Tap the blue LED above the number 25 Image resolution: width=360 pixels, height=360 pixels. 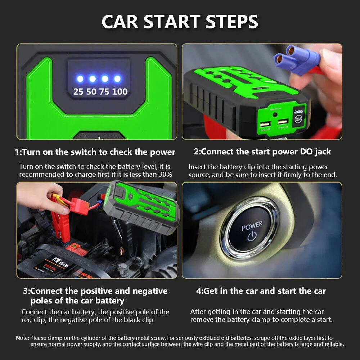[80, 78]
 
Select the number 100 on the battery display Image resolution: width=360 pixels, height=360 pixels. [120, 91]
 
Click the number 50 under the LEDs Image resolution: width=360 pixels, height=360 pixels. [91, 91]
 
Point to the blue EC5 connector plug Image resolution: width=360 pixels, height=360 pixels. [297, 58]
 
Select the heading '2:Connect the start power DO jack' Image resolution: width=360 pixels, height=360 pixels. [262, 152]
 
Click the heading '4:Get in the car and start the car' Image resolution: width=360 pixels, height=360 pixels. [261, 291]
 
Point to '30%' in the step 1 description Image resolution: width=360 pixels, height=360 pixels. [165, 175]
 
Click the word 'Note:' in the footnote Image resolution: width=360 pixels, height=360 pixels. [22, 338]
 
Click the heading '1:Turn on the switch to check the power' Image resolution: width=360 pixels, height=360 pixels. [95, 152]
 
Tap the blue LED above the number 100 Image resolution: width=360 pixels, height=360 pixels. [117, 78]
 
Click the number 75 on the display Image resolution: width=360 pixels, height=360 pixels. [104, 91]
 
